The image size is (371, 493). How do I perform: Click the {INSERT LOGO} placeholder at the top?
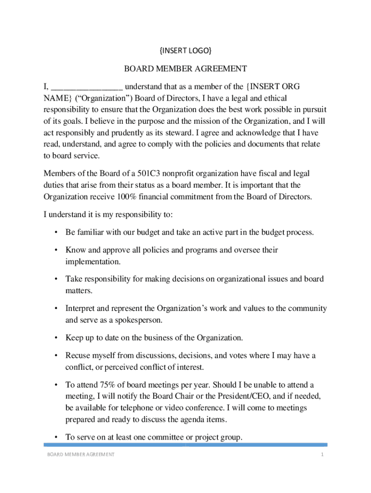(x=185, y=51)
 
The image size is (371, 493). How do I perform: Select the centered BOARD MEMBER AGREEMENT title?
(x=185, y=69)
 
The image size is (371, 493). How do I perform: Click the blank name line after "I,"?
(x=87, y=88)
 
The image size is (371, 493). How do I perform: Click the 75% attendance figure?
(x=99, y=385)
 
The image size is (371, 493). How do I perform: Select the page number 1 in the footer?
(x=320, y=455)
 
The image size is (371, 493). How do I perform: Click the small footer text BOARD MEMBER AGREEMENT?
(x=80, y=455)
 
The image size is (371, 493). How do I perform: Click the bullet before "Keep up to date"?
(x=56, y=338)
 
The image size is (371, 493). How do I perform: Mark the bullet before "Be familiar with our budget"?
(x=56, y=233)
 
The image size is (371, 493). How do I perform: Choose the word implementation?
(x=92, y=262)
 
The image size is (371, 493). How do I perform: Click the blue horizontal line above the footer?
(x=185, y=445)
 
